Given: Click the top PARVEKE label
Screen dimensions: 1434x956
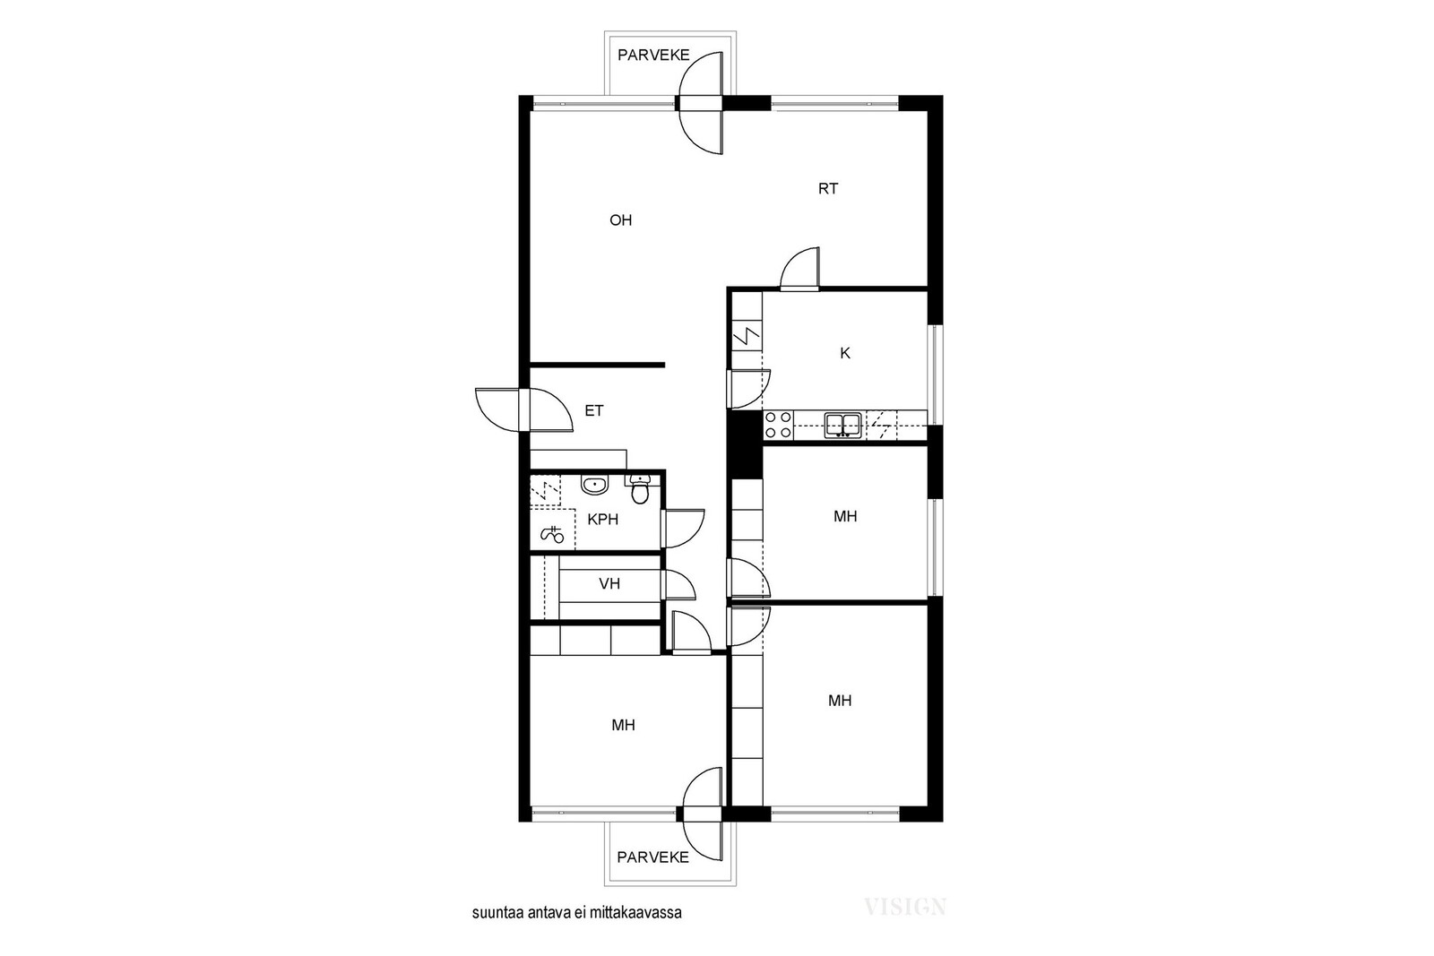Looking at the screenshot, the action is click(x=653, y=55).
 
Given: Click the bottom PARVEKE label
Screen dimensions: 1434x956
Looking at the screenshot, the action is click(x=653, y=857).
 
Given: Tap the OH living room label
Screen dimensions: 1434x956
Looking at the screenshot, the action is click(x=620, y=220).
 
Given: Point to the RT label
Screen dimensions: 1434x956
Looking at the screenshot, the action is click(x=828, y=189).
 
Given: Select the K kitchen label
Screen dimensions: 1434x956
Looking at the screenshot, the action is click(x=845, y=353).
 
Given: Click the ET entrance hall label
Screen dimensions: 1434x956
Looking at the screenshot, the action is click(x=594, y=411).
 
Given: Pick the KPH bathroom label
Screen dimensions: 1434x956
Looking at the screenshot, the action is click(x=603, y=520).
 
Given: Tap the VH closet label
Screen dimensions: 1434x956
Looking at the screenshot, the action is click(x=609, y=584).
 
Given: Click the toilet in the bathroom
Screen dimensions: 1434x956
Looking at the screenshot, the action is click(x=639, y=489).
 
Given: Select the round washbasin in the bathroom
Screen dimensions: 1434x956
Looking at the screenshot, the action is click(x=594, y=486).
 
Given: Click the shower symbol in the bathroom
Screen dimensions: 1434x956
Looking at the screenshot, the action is click(x=552, y=534).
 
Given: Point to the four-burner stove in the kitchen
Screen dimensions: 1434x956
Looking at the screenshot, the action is click(x=778, y=425).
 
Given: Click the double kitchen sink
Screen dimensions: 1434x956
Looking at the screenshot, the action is click(x=842, y=425).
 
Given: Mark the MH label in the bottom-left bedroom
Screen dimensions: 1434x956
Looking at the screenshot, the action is click(x=623, y=726).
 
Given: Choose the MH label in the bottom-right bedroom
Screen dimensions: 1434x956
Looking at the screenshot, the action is click(x=840, y=702).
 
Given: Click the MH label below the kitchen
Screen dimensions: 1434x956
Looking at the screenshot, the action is click(x=845, y=517).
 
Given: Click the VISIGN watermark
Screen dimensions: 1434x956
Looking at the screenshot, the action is click(x=904, y=907).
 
